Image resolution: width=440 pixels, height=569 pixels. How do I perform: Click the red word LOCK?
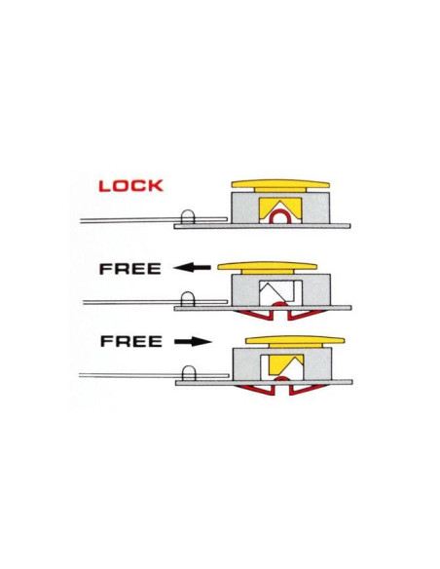(130, 186)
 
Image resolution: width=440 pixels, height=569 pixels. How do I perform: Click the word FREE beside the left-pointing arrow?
(130, 269)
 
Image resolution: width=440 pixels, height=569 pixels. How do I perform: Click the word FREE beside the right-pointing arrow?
(130, 341)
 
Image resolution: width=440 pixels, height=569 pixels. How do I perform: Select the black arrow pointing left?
(192, 268)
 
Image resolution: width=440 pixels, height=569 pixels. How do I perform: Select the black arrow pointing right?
(193, 341)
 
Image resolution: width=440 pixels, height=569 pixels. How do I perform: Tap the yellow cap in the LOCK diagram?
(280, 185)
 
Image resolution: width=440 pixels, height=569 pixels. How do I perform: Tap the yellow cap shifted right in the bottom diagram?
(295, 340)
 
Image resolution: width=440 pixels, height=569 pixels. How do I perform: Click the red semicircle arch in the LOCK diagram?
(280, 213)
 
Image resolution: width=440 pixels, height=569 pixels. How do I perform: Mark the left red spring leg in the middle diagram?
(254, 316)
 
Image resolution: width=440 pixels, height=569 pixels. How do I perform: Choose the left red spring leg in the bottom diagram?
(255, 390)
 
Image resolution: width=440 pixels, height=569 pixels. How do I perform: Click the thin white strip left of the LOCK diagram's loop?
(130, 220)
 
